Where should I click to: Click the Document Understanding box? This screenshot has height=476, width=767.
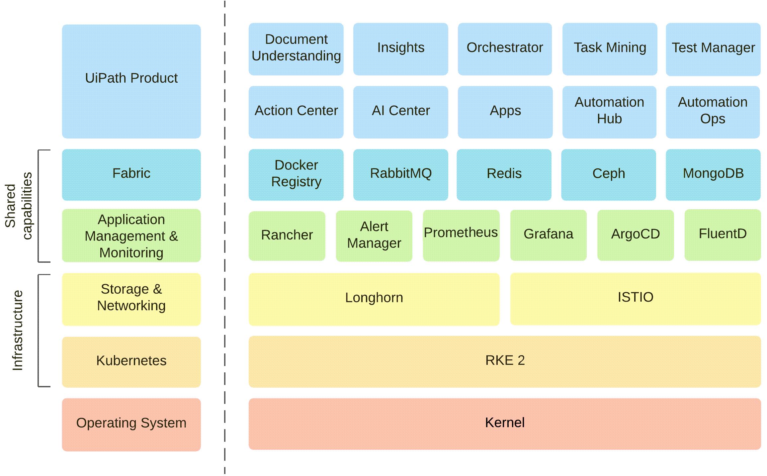coord(296,48)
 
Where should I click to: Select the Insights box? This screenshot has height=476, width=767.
coord(400,48)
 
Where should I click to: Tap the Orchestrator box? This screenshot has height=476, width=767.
coord(505,48)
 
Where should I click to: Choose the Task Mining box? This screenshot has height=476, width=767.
coord(610,48)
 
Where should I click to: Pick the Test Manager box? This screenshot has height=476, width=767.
coord(713,48)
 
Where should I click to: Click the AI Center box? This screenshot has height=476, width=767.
coord(400,112)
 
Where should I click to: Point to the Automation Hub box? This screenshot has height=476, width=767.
coord(609,112)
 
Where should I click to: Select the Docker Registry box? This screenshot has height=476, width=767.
coord(296,174)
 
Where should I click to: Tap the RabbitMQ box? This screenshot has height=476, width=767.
coord(400,174)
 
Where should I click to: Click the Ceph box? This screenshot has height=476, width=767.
coord(608,174)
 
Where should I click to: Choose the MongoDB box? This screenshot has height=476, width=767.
coord(713,174)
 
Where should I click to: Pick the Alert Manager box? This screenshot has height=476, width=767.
coord(374,236)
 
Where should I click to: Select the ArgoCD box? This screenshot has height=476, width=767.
coord(635,235)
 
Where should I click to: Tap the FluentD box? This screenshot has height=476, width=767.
coord(723,235)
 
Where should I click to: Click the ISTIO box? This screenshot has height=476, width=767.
coord(635,298)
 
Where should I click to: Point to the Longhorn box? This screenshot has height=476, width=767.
coord(374,299)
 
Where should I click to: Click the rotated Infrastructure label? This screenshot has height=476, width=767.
coord(18,330)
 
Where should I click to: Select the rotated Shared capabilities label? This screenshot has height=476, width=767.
coord(18,206)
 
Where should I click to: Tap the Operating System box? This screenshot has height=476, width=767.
coord(131,424)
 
